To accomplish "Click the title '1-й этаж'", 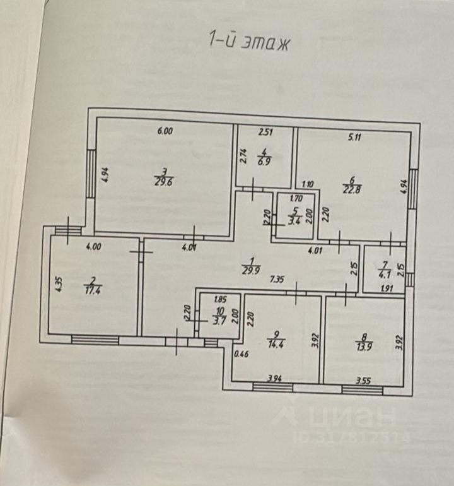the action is tap(248, 42).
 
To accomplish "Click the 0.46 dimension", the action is tap(240, 355).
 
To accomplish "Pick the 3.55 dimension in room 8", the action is tap(363, 381).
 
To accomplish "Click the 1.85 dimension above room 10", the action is tap(220, 300).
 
